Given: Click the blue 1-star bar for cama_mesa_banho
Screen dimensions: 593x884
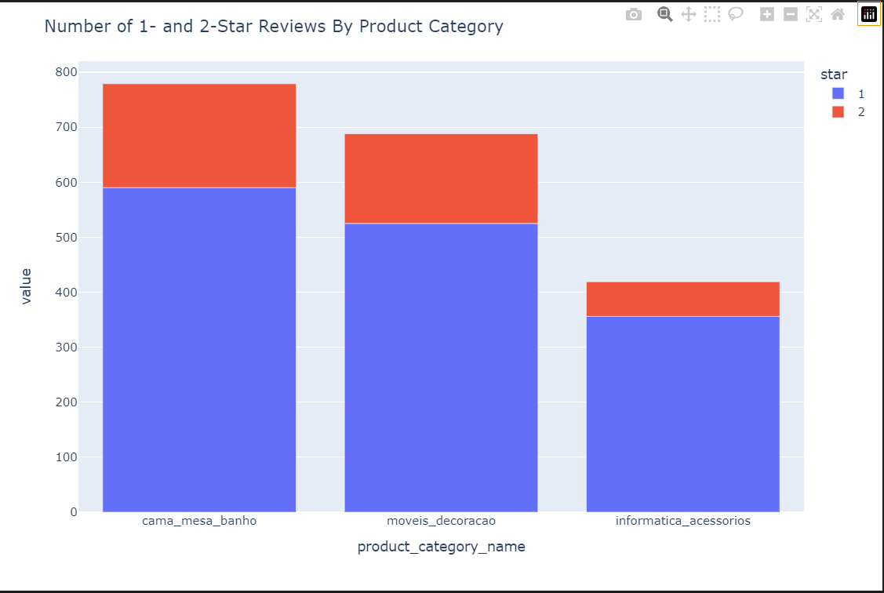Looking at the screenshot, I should click(199, 349).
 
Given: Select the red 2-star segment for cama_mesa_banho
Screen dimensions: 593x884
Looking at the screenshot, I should click(199, 135).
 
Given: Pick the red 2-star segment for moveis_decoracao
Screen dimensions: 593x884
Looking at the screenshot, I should click(441, 178).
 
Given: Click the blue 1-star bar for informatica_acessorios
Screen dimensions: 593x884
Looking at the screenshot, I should click(682, 413).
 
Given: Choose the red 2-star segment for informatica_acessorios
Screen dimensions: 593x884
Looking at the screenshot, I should click(682, 299).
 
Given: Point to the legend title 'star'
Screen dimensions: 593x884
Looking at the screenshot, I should click(833, 75).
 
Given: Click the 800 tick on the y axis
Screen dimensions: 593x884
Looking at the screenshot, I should click(67, 72).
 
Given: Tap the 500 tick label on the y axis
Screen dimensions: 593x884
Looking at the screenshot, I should click(67, 238).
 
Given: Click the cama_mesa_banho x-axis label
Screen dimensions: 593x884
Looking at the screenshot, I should click(199, 521).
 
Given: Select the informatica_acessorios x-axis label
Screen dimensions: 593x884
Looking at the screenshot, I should click(682, 521).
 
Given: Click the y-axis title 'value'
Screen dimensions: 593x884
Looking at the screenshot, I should click(26, 286).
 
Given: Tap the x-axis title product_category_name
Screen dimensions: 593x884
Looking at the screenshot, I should click(441, 547).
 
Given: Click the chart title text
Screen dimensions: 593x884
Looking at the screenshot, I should click(274, 26).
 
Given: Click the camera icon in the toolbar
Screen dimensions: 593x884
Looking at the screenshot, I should click(634, 14).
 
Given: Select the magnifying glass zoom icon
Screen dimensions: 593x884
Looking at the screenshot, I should click(664, 14).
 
